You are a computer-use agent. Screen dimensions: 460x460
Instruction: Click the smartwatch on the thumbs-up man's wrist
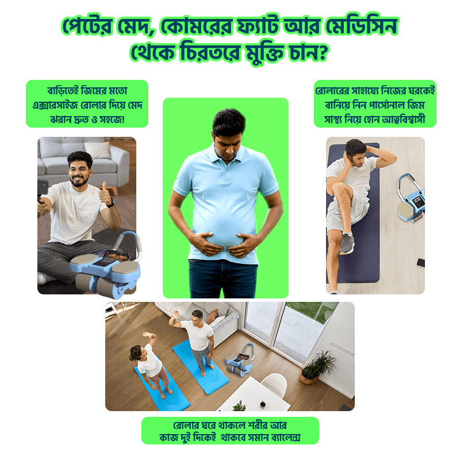coord(111,203)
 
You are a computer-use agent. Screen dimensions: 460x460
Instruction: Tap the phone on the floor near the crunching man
coord(421,262)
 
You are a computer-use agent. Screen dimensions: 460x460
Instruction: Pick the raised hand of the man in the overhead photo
coord(176,315)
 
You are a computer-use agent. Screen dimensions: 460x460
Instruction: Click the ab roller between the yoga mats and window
coord(239,359)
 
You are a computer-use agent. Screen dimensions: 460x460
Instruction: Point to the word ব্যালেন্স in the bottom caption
coord(285,438)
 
